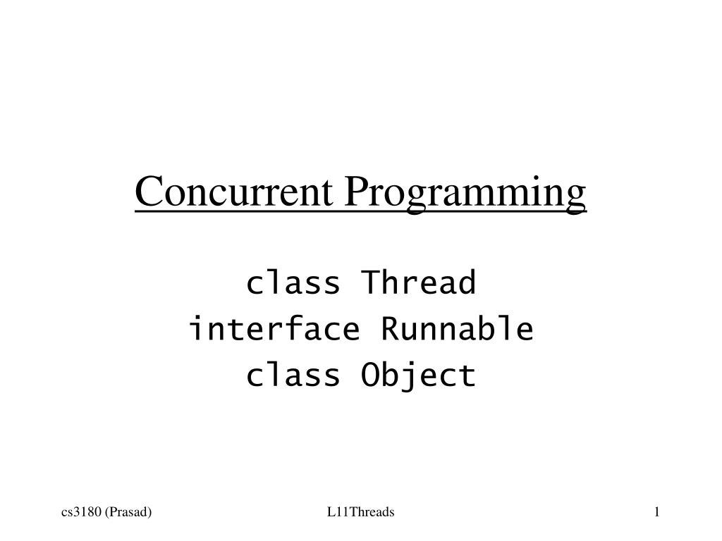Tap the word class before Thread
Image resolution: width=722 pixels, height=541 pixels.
293,284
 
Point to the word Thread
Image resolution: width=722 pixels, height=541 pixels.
419,284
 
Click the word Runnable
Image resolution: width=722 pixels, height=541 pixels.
457,329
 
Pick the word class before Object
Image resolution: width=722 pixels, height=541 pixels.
293,375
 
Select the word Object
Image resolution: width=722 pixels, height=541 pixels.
419,375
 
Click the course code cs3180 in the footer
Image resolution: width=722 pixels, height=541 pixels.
80,512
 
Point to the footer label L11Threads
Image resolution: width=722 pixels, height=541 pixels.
360,512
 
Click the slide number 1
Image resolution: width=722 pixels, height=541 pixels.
656,512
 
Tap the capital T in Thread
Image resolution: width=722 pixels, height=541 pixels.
371,284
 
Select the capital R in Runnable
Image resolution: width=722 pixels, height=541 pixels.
391,329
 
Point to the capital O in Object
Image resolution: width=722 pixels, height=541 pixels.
371,375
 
